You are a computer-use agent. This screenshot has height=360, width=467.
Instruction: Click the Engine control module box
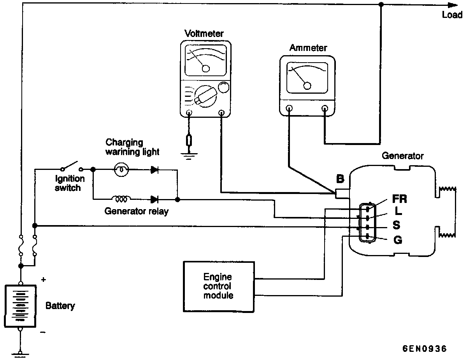(x=218, y=286)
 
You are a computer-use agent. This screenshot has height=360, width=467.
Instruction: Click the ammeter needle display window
(x=307, y=78)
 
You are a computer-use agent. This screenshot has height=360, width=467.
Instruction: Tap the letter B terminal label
(x=340, y=179)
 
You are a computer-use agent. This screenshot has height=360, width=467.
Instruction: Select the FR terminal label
(x=399, y=199)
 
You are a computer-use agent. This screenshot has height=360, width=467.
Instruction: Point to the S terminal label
(x=396, y=225)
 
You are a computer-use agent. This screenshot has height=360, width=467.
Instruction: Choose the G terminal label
(x=398, y=240)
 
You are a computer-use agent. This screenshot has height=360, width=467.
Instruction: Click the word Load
(x=452, y=16)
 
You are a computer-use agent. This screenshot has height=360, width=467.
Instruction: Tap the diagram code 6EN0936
(x=424, y=348)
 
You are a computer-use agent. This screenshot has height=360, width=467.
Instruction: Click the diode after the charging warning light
(x=155, y=170)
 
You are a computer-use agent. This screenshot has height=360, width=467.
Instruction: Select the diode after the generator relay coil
(x=154, y=199)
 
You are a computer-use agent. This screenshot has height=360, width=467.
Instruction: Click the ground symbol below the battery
(x=19, y=353)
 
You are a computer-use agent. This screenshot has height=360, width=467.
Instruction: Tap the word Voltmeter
(x=204, y=34)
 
